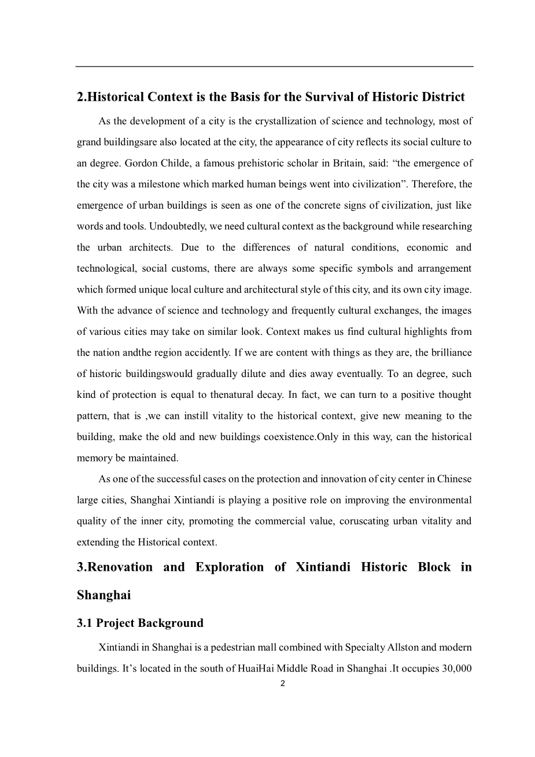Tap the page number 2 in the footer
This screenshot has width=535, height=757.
coord(282,684)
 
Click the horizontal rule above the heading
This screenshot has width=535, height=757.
coord(274,67)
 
